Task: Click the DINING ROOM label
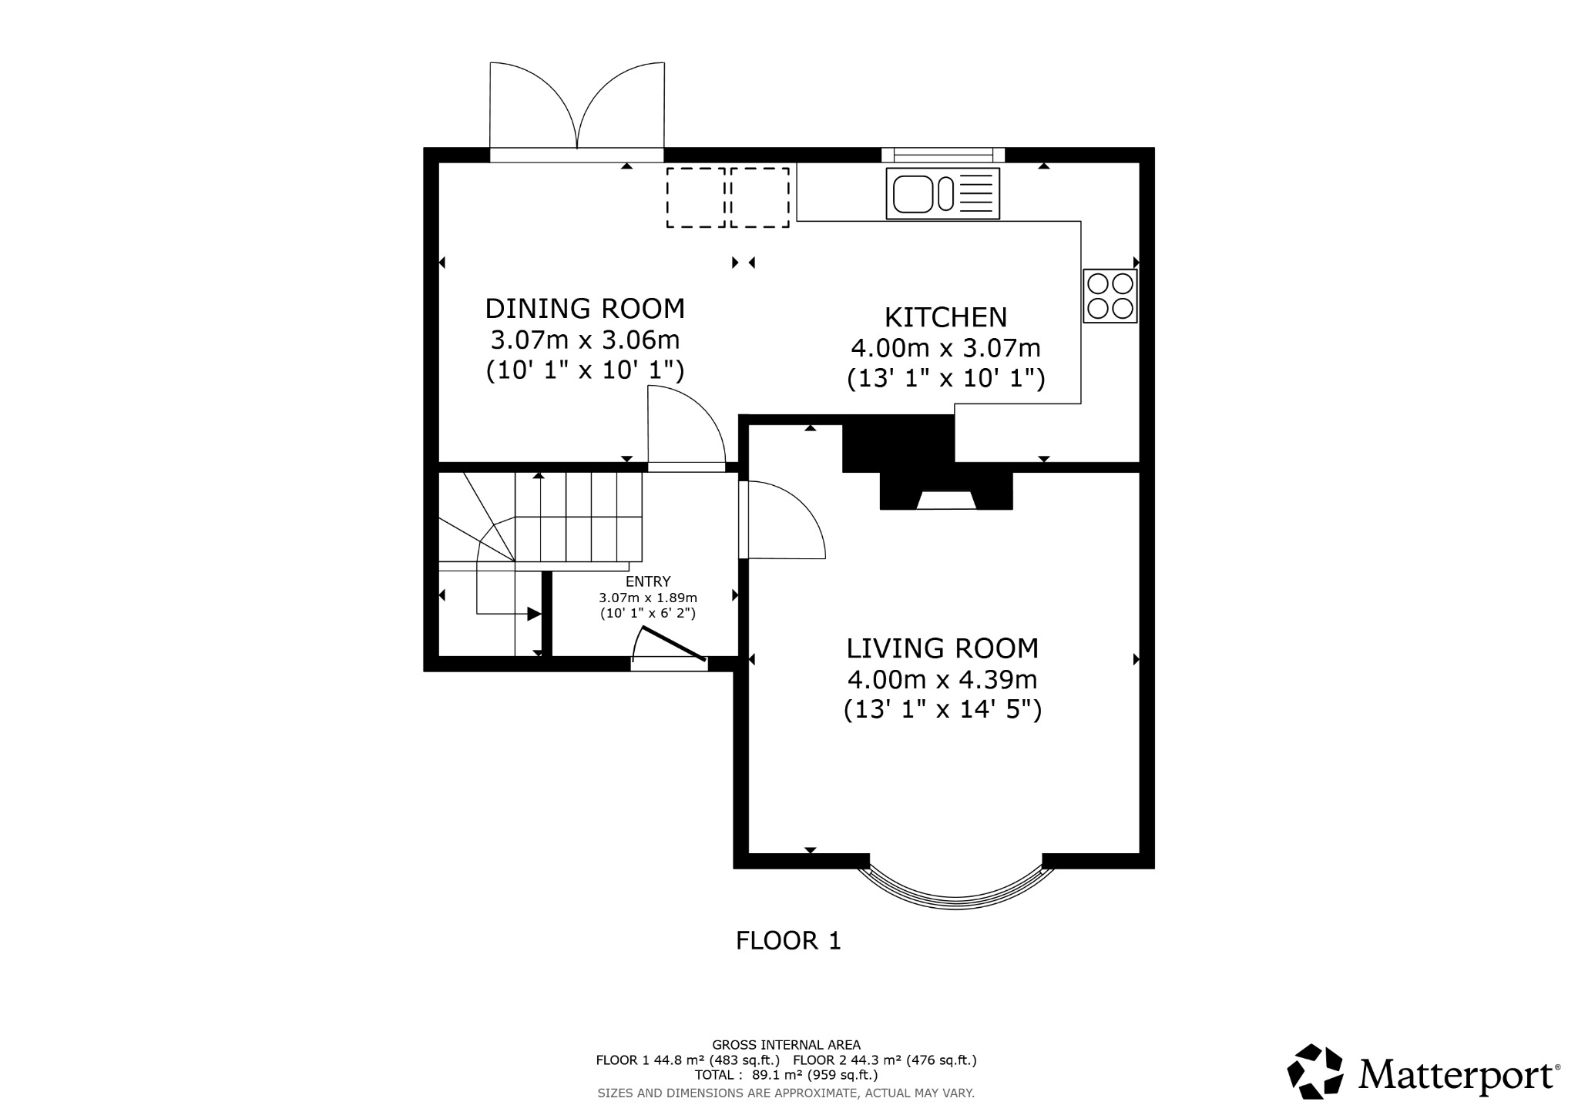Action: (x=585, y=309)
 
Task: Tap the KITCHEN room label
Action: (x=945, y=317)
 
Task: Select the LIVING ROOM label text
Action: (x=942, y=648)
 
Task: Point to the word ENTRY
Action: (x=648, y=581)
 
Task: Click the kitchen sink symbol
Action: (x=942, y=193)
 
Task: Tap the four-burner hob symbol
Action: (x=1110, y=296)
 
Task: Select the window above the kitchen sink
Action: (x=943, y=155)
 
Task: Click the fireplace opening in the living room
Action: (x=946, y=501)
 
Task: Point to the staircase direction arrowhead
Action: (x=533, y=614)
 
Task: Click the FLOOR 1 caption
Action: (x=788, y=940)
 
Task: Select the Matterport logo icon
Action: (x=1314, y=1071)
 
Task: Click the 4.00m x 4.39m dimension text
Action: (x=942, y=680)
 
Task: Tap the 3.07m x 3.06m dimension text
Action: (x=585, y=340)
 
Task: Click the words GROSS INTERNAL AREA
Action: (x=786, y=1045)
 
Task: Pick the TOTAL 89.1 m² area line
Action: (x=786, y=1075)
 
